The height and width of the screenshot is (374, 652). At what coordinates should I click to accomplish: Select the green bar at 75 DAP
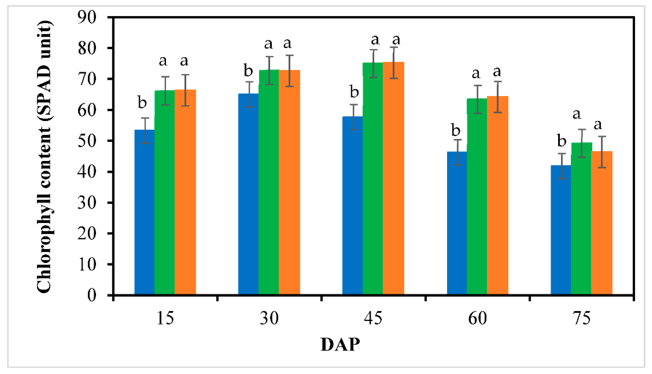point(581,218)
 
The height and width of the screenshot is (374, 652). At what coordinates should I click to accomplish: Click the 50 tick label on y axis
point(87,141)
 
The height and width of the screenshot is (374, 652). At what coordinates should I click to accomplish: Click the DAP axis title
point(340,345)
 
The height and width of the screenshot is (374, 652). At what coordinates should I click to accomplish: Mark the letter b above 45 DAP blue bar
point(354,92)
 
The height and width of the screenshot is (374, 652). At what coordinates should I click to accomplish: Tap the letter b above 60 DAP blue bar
point(456,130)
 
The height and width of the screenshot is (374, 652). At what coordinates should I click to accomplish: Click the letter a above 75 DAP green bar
point(577,114)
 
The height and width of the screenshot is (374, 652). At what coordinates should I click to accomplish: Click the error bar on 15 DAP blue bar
point(145,130)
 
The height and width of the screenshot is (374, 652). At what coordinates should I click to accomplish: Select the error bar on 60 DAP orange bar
point(497,97)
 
